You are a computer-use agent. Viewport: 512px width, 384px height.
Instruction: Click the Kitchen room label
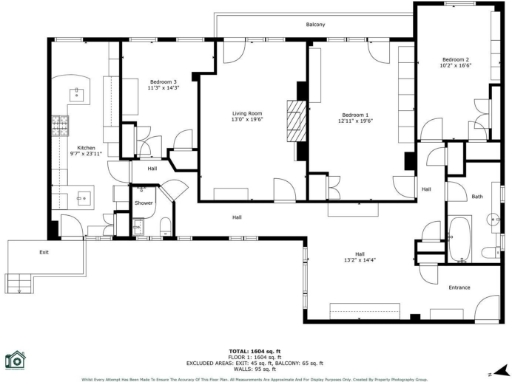86,147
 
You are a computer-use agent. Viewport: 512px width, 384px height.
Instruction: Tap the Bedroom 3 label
163,81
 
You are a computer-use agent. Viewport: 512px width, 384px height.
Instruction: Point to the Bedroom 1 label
356,114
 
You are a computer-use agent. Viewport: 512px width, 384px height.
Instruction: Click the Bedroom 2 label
455,60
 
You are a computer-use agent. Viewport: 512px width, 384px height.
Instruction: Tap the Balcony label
315,24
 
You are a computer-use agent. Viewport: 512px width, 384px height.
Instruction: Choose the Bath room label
477,196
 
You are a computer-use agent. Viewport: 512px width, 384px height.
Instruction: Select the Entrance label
459,288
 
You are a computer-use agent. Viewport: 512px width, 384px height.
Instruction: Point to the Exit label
44,252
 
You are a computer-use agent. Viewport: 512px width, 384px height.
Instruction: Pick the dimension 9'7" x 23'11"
86,154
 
